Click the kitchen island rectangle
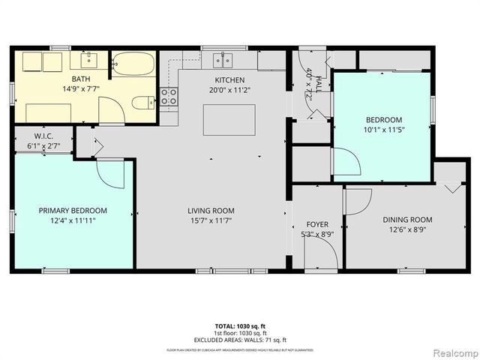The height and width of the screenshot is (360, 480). pos(229,120)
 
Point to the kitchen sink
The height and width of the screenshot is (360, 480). pos(223,61)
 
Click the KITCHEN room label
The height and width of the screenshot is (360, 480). pos(229,80)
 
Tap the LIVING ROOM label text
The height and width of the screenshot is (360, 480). pos(211,211)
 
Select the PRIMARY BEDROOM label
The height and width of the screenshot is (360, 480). pos(73,211)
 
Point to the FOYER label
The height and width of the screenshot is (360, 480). pos(317,224)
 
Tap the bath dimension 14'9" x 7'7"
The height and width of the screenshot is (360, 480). pos(80,88)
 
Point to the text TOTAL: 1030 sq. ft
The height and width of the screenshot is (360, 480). pos(240,327)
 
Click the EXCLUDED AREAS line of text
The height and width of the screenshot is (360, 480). pos(240,339)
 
